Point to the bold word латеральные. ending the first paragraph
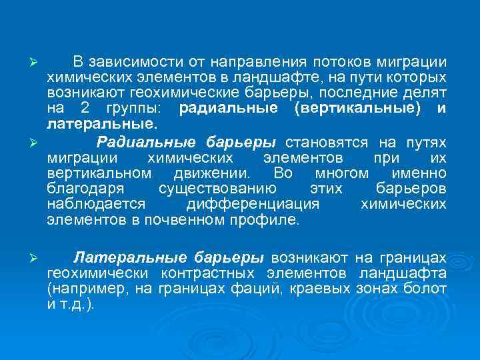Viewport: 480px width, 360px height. [x=93, y=124]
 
